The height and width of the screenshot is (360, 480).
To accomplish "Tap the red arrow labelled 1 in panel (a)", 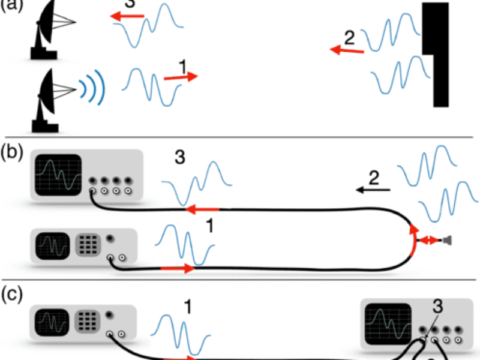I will [179, 77].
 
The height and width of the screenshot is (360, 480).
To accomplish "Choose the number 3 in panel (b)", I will [179, 158].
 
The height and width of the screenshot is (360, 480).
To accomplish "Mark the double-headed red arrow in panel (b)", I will [428, 241].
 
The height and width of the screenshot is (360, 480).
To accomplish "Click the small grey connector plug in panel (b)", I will [446, 241].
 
